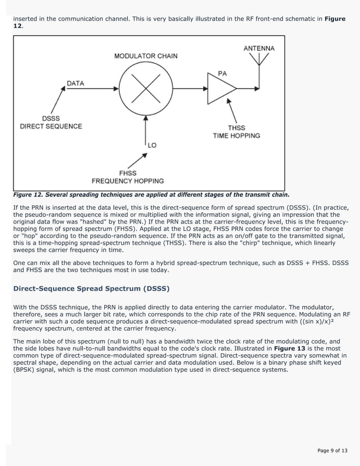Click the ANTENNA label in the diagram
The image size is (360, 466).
click(259, 49)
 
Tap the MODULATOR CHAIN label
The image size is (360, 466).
click(146, 56)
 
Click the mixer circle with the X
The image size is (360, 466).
click(146, 88)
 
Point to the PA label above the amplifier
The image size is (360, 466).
click(222, 73)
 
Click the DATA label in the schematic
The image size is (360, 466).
click(76, 83)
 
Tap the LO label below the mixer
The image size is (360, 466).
click(152, 145)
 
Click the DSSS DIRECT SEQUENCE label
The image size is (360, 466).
click(51, 122)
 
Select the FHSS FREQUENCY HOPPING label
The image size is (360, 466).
click(128, 177)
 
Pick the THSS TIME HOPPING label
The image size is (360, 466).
click(236, 131)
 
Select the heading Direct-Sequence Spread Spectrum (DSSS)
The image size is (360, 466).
click(91, 289)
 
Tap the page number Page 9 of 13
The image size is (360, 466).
click(332, 450)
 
